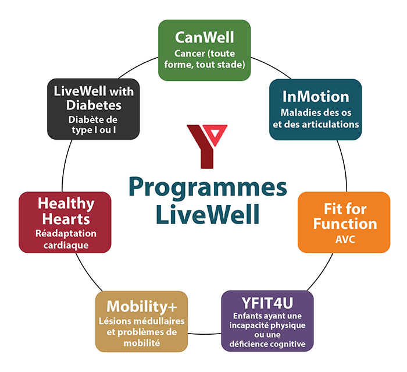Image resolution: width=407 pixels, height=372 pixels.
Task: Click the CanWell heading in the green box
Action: [205, 37]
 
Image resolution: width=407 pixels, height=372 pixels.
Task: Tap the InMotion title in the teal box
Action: [316, 97]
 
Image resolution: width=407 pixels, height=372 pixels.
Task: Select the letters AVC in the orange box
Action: [345, 239]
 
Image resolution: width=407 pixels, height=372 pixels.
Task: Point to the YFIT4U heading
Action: [267, 303]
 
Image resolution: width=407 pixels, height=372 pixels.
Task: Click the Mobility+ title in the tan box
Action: [142, 306]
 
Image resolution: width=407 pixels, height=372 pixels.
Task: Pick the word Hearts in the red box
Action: [66, 219]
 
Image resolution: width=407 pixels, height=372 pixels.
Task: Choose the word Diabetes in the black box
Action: [94, 105]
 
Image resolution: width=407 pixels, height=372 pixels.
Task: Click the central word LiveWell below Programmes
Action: [208, 214]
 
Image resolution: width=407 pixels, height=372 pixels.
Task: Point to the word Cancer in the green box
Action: [190, 54]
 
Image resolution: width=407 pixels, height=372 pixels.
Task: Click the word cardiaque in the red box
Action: [66, 246]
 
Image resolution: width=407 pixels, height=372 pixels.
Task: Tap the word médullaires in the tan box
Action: [159, 321]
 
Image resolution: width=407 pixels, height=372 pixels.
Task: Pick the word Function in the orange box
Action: [345, 224]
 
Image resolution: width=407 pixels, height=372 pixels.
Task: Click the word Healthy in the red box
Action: [66, 204]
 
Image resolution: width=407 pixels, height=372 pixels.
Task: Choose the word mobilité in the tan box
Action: [142, 343]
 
